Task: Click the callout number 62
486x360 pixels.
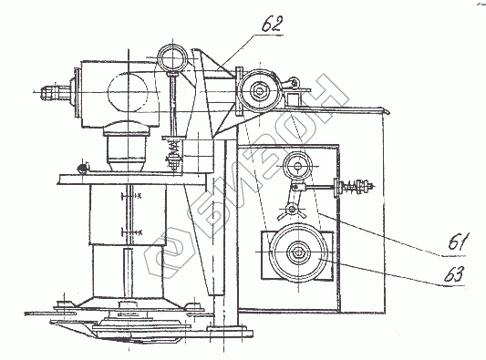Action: pyautogui.click(x=272, y=25)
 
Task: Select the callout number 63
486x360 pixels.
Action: pyautogui.click(x=455, y=274)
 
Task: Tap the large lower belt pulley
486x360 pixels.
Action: pyautogui.click(x=298, y=252)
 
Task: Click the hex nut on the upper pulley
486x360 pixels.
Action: pyautogui.click(x=260, y=91)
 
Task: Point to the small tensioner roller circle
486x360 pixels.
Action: pyautogui.click(x=298, y=166)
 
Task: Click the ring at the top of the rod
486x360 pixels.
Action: pyautogui.click(x=172, y=59)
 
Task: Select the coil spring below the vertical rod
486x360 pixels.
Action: pyautogui.click(x=172, y=148)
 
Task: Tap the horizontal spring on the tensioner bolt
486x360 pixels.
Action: pyautogui.click(x=352, y=186)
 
